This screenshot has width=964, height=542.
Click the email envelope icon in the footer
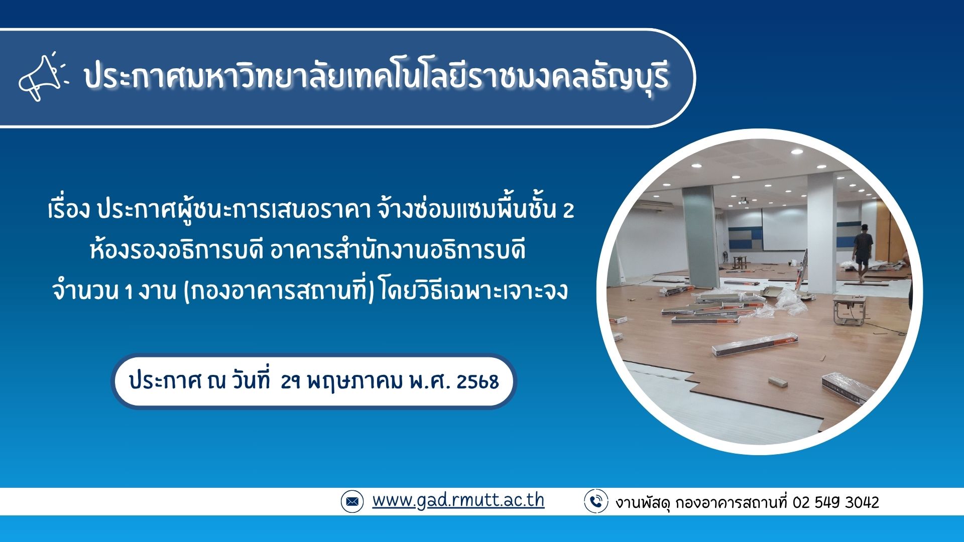pyautogui.click(x=352, y=501)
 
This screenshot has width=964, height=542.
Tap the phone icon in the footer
pyautogui.click(x=596, y=501)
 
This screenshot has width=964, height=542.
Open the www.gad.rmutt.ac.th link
pyautogui.click(x=458, y=500)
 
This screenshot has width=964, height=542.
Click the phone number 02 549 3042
pyautogui.click(x=836, y=502)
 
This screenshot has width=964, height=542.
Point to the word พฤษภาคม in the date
pyautogui.click(x=355, y=382)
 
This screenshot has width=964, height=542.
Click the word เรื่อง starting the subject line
pyautogui.click(x=69, y=209)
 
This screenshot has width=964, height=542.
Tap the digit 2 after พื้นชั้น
pyautogui.click(x=568, y=211)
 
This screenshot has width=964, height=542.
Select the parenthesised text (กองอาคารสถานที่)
pyautogui.click(x=280, y=291)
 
